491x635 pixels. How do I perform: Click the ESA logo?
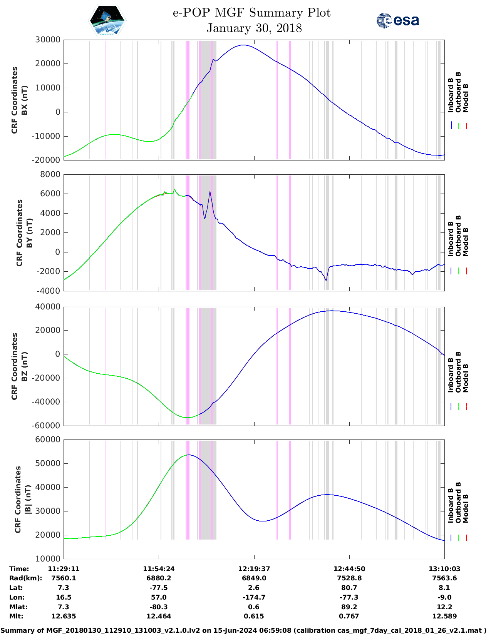[x=397, y=20]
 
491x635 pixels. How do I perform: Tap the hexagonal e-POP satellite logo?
[x=107, y=20]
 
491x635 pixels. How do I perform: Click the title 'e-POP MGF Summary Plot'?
[x=251, y=13]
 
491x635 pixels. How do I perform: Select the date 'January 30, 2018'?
[x=254, y=28]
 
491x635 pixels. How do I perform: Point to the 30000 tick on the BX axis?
[x=48, y=40]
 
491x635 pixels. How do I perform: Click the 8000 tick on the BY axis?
[x=50, y=174]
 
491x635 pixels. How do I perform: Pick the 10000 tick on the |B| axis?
[x=48, y=558]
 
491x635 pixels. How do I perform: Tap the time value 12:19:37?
[x=254, y=569]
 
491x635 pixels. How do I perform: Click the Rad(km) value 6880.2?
[x=159, y=578]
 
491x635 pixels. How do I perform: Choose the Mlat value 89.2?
[x=349, y=607]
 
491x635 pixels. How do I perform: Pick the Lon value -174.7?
[x=254, y=597]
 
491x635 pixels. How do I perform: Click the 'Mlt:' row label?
[x=16, y=616]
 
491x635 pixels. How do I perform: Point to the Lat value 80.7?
[x=349, y=588]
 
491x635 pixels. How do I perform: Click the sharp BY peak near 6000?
[x=210, y=192]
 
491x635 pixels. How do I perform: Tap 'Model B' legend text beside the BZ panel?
[x=466, y=378]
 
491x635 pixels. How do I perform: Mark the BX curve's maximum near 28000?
[x=243, y=45]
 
